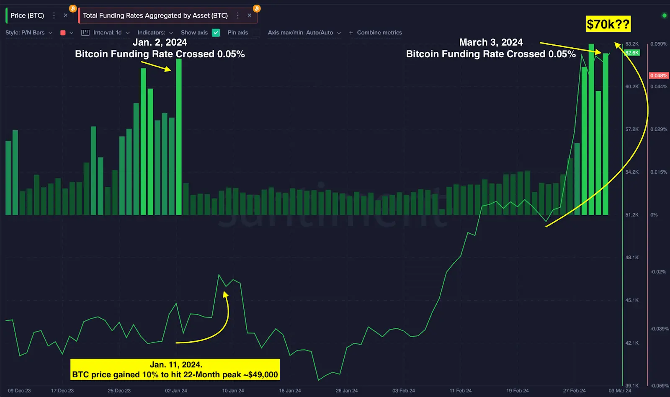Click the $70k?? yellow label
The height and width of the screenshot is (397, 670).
point(608,24)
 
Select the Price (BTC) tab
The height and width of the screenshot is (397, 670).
point(27,15)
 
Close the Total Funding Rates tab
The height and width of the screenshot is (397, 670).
point(250,15)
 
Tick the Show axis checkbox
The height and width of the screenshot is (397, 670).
point(216,33)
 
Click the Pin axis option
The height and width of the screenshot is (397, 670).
point(237,33)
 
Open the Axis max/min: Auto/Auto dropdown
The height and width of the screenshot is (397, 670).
point(304,33)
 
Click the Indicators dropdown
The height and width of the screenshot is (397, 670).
point(155,33)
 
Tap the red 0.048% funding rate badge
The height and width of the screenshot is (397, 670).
point(659,75)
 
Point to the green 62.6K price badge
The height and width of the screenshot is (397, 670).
point(632,53)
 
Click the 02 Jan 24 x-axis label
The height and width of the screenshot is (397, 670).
point(176,391)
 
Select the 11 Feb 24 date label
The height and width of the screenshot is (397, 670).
point(461,391)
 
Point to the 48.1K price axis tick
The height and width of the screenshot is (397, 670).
point(632,258)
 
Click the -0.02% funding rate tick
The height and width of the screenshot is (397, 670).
point(658,272)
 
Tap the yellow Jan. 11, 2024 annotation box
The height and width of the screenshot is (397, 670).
point(175,369)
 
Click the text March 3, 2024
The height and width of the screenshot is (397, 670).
point(491,42)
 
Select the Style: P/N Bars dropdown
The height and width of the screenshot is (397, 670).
point(29,33)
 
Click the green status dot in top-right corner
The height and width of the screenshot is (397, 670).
point(664,15)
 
